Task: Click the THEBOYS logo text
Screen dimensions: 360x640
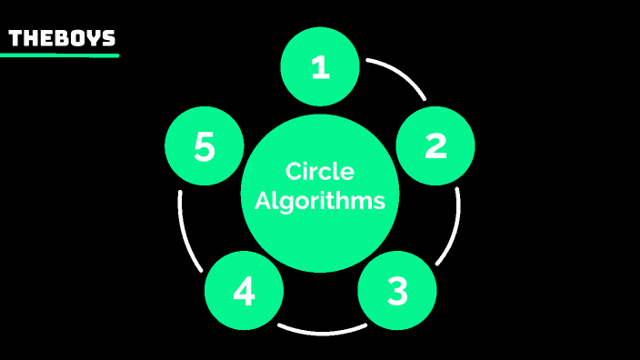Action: click(62, 38)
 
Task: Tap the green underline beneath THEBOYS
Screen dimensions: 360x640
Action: click(60, 55)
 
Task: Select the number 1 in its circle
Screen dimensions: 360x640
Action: click(319, 67)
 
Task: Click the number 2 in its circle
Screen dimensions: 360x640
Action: click(435, 145)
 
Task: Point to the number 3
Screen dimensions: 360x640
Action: click(397, 291)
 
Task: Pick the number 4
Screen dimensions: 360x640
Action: click(244, 291)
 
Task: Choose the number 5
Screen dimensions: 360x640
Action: click(205, 146)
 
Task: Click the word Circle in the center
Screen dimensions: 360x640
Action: click(319, 171)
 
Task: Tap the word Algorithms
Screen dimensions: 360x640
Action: click(319, 201)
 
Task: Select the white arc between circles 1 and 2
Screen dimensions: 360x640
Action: click(401, 73)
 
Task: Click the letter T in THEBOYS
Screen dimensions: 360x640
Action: click(15, 38)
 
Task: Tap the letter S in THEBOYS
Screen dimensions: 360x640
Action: click(109, 38)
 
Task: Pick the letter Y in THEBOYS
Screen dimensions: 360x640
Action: click(94, 38)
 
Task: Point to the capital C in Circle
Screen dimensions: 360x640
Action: click(294, 171)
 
